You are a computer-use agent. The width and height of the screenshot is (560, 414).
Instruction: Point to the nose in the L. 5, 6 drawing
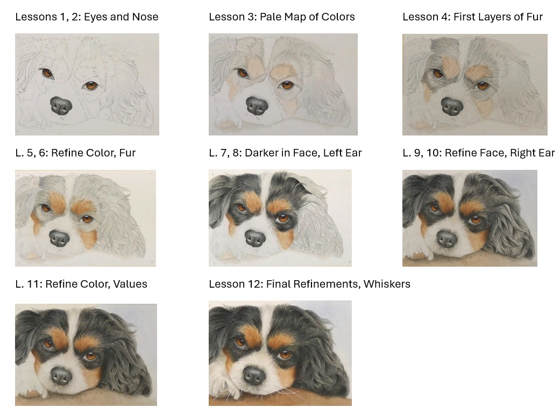[59, 238]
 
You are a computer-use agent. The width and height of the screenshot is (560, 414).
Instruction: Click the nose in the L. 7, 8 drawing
[255, 238]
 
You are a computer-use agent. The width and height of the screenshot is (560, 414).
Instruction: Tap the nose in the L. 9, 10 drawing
[447, 239]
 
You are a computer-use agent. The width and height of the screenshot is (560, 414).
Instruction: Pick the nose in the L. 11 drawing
[61, 376]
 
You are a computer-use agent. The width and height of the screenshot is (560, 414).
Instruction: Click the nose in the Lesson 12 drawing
[254, 375]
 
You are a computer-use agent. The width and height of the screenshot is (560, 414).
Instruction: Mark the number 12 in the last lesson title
[256, 284]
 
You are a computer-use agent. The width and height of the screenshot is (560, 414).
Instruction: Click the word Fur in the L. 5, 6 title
[127, 153]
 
